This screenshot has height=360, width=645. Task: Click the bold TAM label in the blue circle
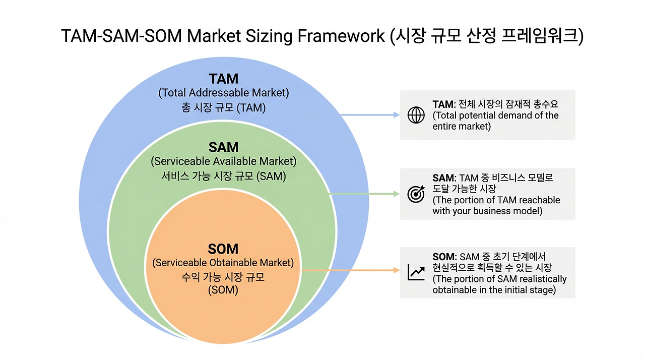coord(224,79)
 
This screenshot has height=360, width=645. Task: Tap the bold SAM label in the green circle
coord(224,147)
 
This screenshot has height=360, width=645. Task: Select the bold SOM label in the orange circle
coord(223,249)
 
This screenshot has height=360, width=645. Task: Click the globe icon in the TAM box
coord(416,115)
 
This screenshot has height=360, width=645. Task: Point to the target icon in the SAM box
coord(416,194)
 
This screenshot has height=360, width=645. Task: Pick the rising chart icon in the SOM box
coord(416,272)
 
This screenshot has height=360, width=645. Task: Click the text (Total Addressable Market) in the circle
coord(224,93)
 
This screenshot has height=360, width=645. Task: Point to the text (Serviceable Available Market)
coord(224,162)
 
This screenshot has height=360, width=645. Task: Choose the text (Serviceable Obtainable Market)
coord(223,263)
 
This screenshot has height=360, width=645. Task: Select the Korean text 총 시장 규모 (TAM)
coord(224,107)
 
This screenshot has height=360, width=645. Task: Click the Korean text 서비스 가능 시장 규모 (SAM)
coord(224,176)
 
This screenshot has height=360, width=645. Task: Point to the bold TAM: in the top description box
coord(443,104)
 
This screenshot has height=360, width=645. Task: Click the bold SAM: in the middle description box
coord(444,178)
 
